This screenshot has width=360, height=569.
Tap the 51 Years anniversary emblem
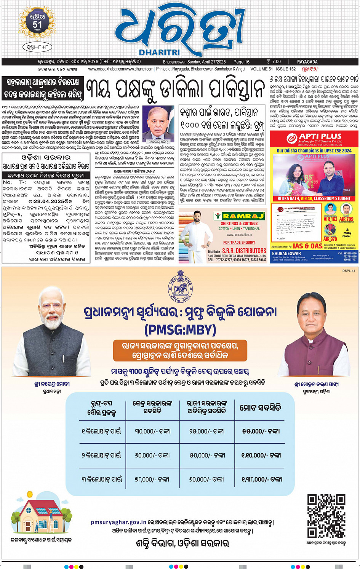(x=37, y=23)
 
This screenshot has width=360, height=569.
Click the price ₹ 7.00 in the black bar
(x=274, y=62)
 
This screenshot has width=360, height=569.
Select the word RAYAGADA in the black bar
(x=307, y=62)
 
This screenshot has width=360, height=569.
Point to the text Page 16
(x=241, y=62)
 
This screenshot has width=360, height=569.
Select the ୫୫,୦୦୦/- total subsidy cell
(x=261, y=431)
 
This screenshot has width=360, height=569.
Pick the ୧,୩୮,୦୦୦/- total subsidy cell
(x=261, y=479)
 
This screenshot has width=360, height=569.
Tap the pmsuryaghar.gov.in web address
(x=118, y=523)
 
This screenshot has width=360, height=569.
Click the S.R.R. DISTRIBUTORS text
(x=244, y=251)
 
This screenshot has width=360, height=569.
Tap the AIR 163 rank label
(x=330, y=219)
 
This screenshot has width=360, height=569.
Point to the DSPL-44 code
(x=349, y=270)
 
